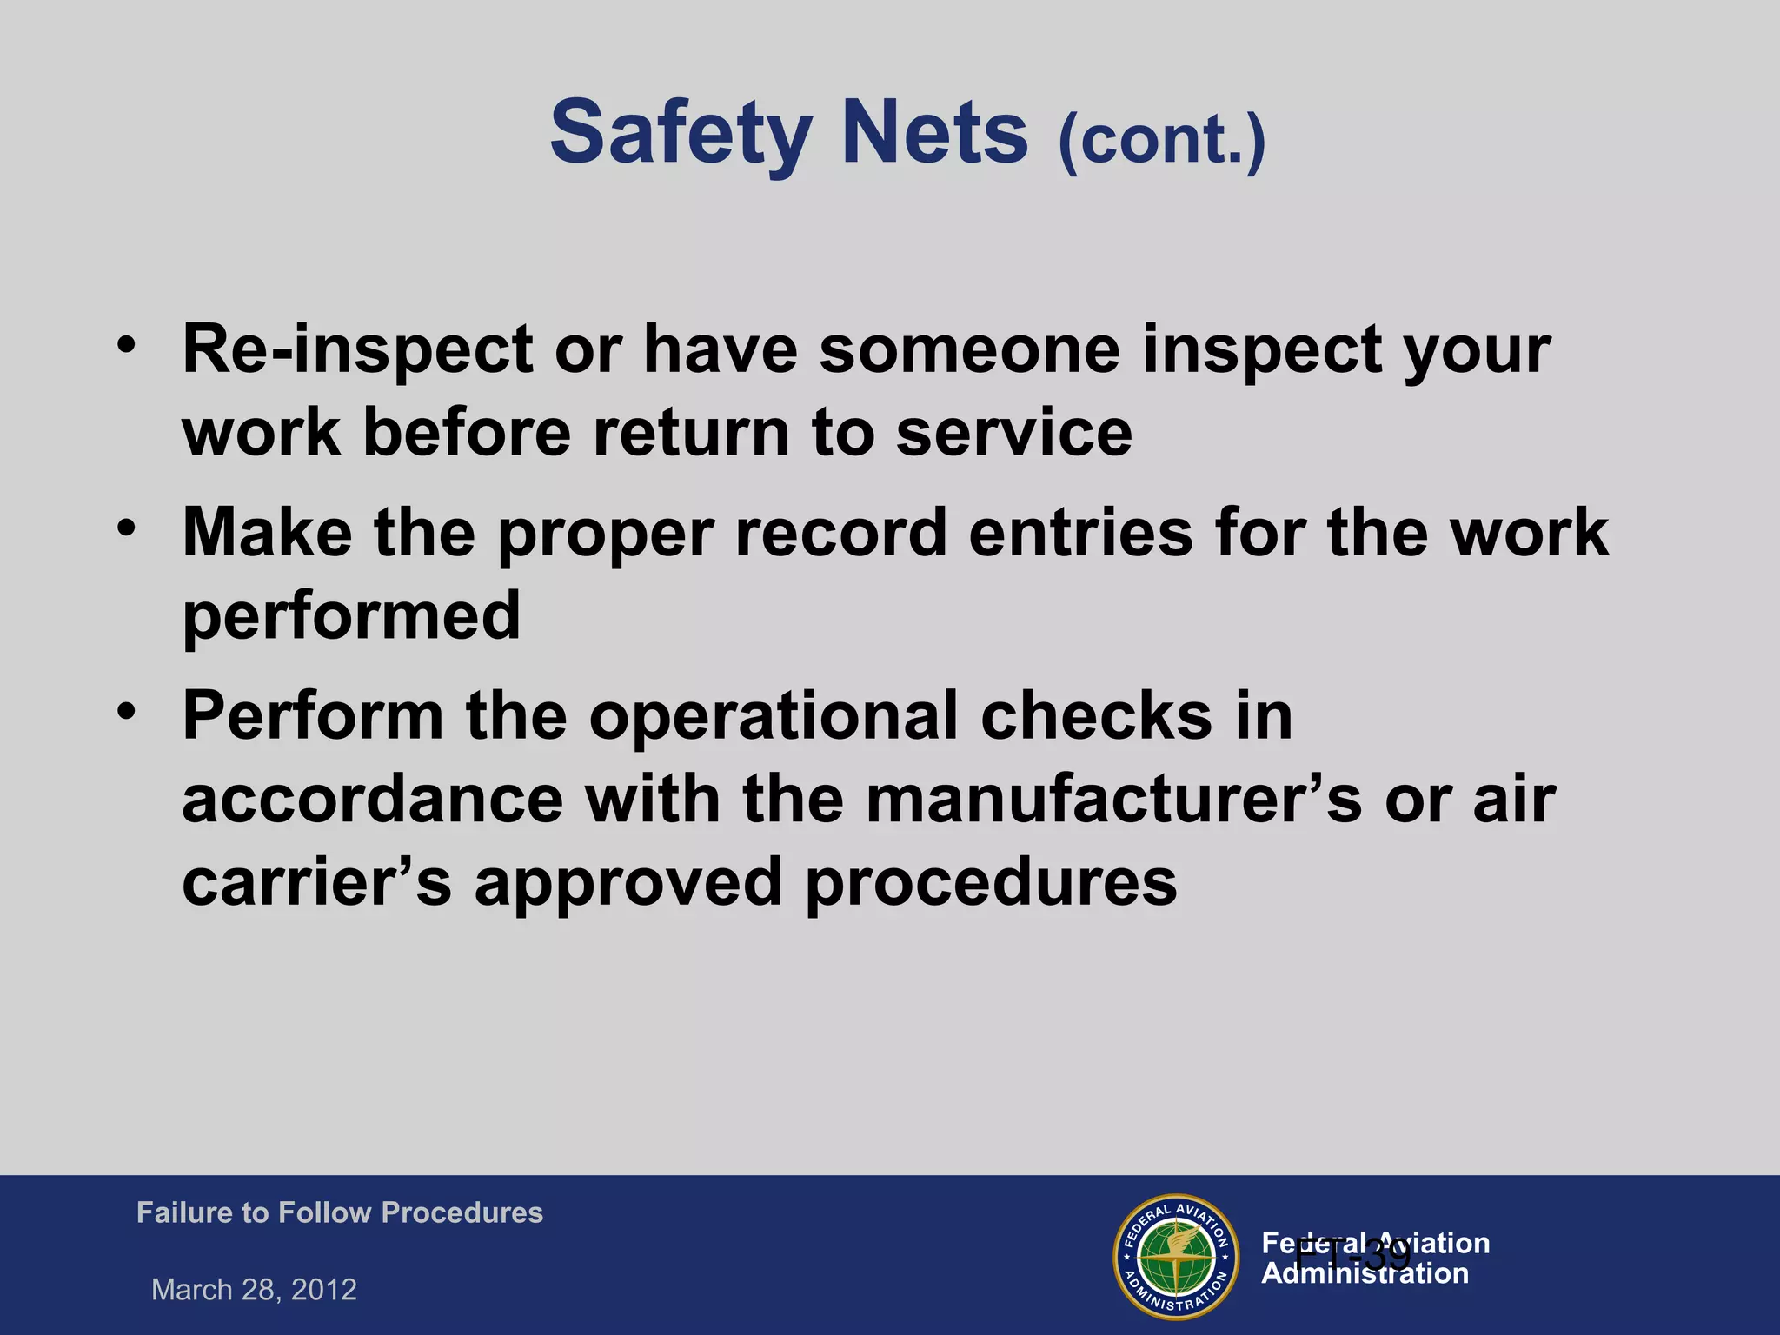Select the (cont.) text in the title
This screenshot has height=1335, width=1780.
point(1162,139)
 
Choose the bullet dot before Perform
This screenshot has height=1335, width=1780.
point(128,710)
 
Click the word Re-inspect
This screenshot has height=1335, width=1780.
point(357,350)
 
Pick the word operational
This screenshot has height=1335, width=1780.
point(774,716)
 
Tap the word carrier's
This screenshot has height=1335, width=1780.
point(316,882)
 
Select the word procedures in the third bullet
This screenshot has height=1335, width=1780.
point(991,882)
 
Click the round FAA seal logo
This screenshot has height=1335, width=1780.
point(1176,1257)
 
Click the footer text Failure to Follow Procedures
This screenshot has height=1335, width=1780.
point(340,1212)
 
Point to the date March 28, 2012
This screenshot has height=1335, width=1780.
point(254,1289)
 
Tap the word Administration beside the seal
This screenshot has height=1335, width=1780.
point(1365,1274)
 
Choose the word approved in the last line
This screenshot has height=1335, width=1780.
point(628,882)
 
